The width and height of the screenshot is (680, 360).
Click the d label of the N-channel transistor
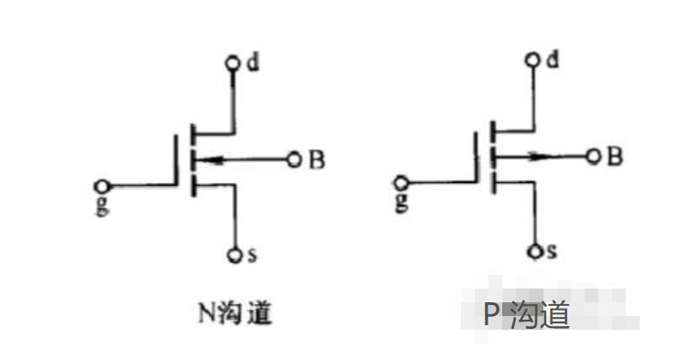point(251,61)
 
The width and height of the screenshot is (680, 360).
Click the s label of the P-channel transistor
point(552,250)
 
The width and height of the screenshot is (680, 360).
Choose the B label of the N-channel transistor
point(316,160)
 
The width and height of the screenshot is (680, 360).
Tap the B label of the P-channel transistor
point(616,157)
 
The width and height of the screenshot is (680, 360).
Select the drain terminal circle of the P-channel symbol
point(533,62)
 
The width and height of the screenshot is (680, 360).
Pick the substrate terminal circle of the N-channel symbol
point(293,159)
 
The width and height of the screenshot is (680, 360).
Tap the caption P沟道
point(527,315)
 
